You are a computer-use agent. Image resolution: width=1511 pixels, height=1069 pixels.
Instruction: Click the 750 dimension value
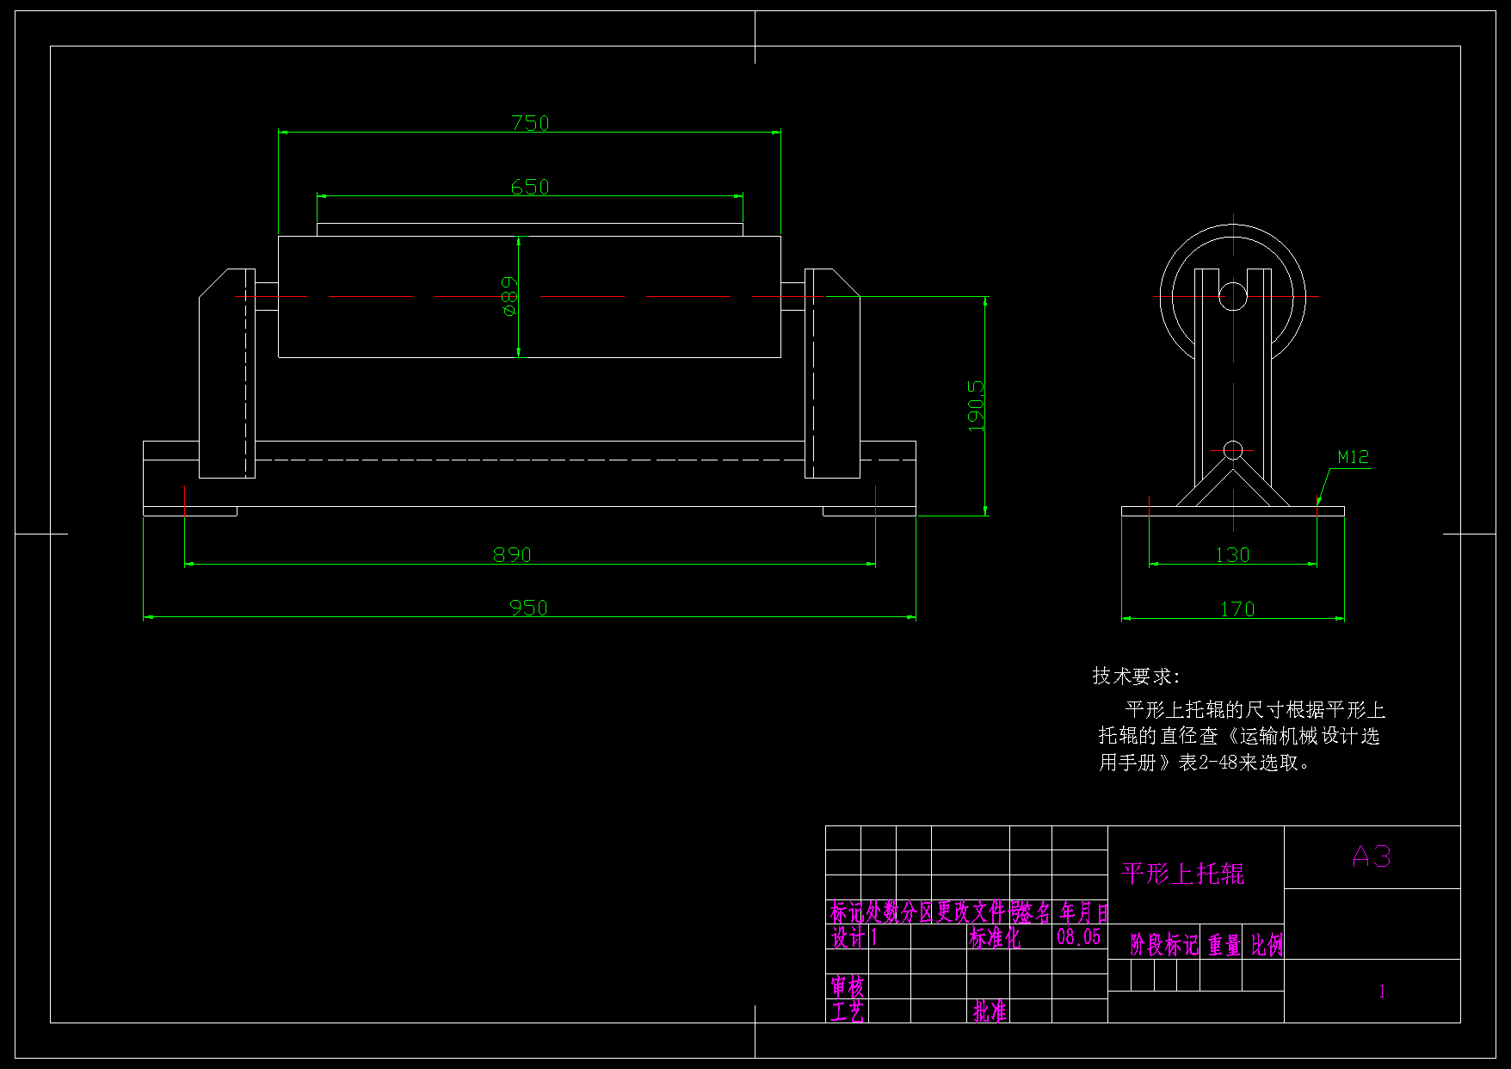pos(530,123)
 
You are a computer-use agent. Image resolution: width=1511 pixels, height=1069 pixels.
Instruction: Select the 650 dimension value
pos(530,187)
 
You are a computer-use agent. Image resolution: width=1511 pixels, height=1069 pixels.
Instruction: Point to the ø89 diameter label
pos(509,296)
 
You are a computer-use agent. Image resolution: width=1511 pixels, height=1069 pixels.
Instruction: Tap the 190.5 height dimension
pos(976,406)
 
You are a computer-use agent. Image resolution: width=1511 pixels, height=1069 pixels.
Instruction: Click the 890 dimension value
pos(512,555)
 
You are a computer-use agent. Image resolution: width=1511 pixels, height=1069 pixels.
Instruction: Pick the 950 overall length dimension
pos(528,608)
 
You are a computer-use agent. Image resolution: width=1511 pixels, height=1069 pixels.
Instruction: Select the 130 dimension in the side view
pos(1232,555)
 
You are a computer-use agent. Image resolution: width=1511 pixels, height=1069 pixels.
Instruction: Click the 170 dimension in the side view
pos(1237,609)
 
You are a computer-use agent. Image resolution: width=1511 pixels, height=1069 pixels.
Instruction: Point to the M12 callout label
pos(1353,457)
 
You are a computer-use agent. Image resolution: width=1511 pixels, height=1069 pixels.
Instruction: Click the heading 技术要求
pos(1136,677)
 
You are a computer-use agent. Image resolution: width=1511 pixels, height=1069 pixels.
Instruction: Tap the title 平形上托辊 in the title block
pos(1183,874)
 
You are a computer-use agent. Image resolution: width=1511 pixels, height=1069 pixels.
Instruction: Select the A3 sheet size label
pos(1372,856)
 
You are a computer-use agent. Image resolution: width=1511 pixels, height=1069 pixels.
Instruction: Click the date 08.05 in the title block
pos(1079,937)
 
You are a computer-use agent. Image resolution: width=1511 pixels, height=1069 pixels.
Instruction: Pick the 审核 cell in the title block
pos(848,986)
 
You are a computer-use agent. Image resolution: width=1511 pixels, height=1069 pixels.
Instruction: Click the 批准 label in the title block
pos(990,1011)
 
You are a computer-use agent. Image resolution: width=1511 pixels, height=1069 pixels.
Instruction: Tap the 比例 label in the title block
pos(1266,946)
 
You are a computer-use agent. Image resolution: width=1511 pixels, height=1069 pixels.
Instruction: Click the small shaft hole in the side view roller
pos(1233,296)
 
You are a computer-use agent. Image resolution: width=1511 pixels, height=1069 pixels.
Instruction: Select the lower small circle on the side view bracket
pos(1233,450)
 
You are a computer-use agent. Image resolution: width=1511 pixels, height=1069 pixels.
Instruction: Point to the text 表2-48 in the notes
pos(1208,763)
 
